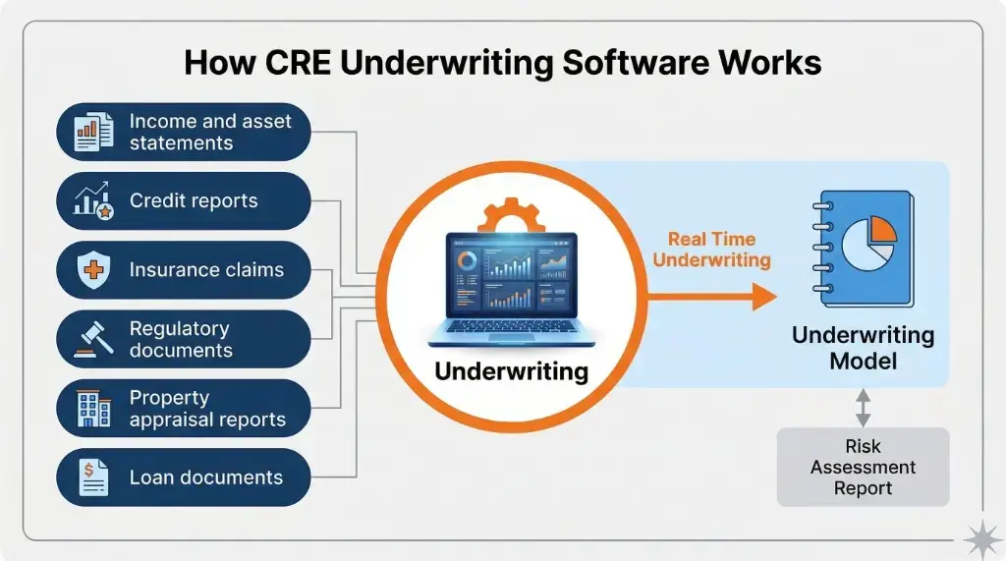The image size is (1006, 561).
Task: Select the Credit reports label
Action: [194, 201]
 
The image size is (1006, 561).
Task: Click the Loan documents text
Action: [206, 478]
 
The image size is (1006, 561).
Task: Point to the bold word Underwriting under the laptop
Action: [511, 371]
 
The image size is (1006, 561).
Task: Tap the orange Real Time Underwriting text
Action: [712, 250]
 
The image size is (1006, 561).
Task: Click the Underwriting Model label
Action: [863, 348]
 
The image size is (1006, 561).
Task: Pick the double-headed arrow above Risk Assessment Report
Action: [863, 406]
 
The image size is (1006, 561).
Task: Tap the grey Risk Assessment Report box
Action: [863, 468]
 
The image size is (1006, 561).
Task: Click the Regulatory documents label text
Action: [181, 340]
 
